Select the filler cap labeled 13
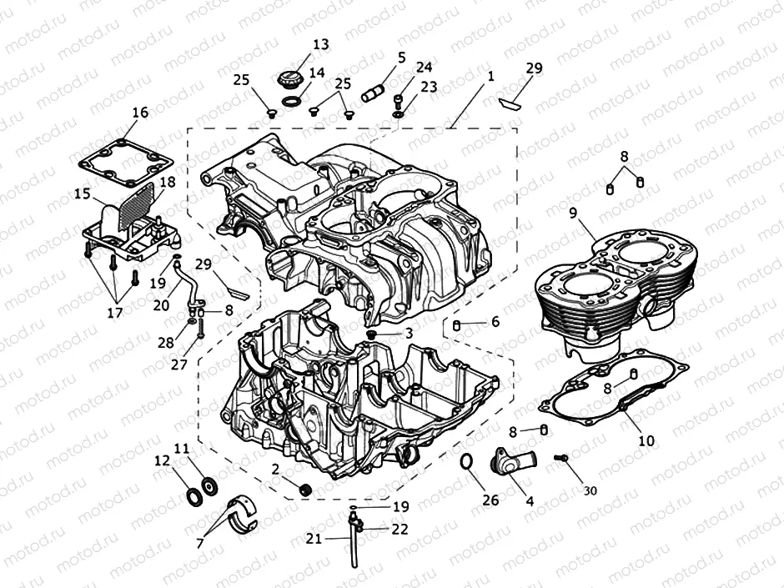289,83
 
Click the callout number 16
139,113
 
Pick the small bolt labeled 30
560,458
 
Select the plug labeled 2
305,489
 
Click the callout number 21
314,539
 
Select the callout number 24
424,67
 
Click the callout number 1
490,75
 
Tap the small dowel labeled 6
458,323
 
